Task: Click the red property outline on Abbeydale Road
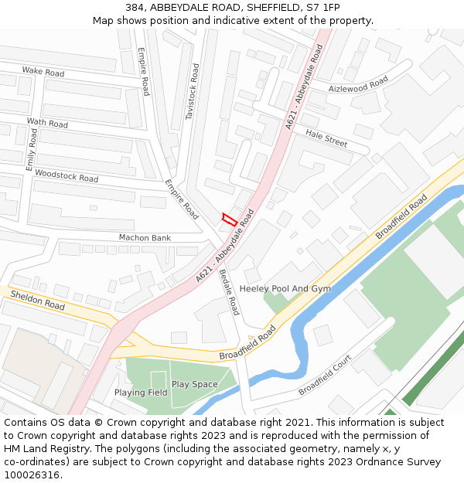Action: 229,219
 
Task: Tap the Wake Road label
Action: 43,72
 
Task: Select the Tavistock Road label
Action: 193,91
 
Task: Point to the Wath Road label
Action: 47,123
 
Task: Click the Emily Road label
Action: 32,149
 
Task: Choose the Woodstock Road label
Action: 67,176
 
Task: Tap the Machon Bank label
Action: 145,237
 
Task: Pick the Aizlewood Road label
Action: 358,85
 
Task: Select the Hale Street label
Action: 326,139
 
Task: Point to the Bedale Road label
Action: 230,292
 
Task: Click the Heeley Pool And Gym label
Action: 285,288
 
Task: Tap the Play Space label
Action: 194,384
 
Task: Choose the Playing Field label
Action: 141,393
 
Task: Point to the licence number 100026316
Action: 31,474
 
